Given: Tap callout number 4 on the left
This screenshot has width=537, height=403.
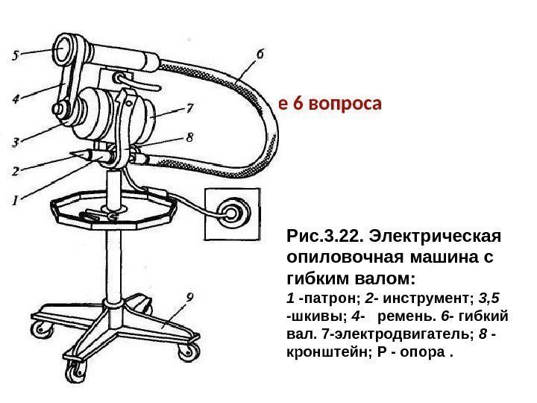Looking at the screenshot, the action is [16, 97].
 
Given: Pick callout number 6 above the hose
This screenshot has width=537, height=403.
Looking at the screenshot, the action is [260, 54].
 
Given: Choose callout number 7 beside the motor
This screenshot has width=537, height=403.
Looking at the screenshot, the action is [191, 107].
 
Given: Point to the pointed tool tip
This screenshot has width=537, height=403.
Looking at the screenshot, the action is [72, 154].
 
